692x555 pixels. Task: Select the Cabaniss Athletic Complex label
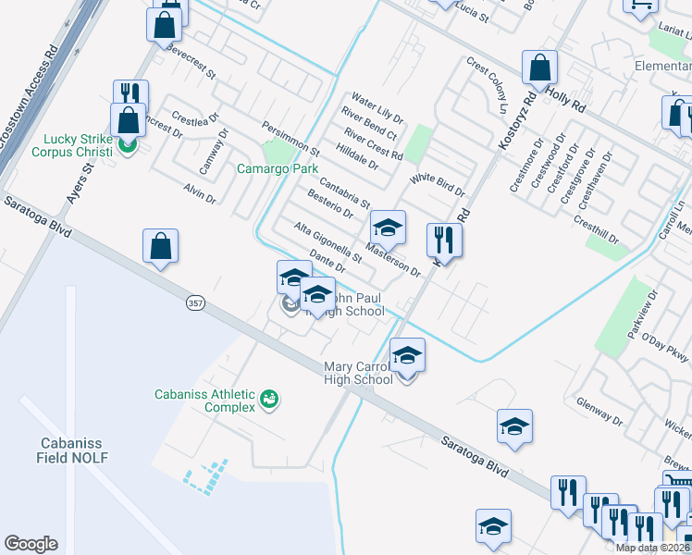(x=204, y=401)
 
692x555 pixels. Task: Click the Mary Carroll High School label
(x=358, y=373)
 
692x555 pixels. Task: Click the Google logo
(x=31, y=544)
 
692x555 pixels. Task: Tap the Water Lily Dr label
(x=377, y=107)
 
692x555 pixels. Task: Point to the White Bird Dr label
(x=438, y=184)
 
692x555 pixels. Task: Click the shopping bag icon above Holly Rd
(x=539, y=68)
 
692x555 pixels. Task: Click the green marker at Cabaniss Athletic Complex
(x=270, y=400)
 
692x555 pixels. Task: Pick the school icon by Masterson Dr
(x=388, y=227)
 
